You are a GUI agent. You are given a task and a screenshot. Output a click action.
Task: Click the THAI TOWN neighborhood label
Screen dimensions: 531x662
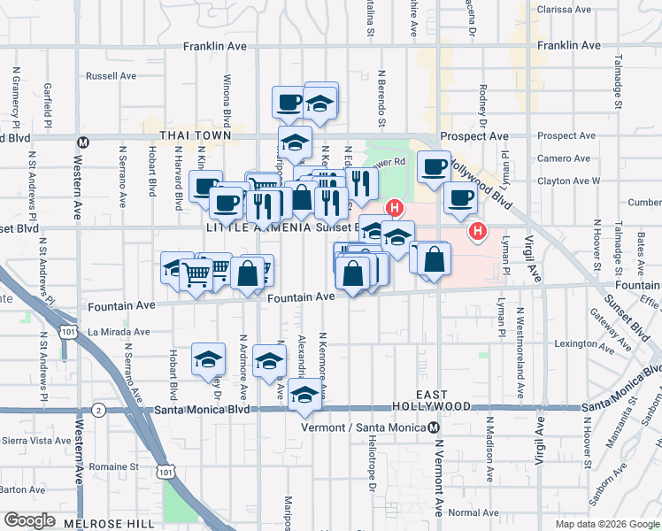click(x=195, y=135)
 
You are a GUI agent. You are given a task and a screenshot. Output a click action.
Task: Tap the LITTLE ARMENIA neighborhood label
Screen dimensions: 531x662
click(x=258, y=227)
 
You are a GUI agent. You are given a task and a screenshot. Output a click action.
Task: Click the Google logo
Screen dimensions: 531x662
click(x=30, y=520)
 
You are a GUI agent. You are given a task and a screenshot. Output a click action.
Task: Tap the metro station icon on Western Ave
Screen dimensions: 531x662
click(x=83, y=142)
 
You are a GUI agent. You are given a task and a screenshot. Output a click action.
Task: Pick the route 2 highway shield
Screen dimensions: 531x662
click(x=98, y=410)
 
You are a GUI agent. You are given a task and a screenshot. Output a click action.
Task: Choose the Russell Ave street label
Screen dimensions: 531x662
click(x=110, y=76)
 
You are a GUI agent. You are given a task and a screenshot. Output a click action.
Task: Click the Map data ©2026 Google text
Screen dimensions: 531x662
click(x=607, y=523)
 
